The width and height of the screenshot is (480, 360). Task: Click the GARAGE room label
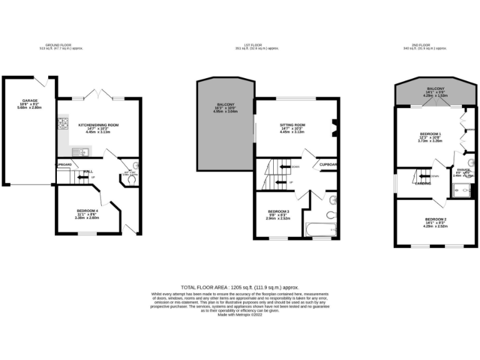(29, 100)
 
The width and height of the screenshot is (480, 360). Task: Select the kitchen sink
(81, 151)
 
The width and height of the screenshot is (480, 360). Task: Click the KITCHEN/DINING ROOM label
(98, 125)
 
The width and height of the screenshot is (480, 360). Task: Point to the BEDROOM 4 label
(87, 211)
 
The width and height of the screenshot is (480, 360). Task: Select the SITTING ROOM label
(291, 125)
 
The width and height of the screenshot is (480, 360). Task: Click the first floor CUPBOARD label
(329, 165)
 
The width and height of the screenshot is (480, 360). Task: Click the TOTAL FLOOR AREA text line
(239, 286)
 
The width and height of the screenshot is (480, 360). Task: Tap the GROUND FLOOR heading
(61, 45)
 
